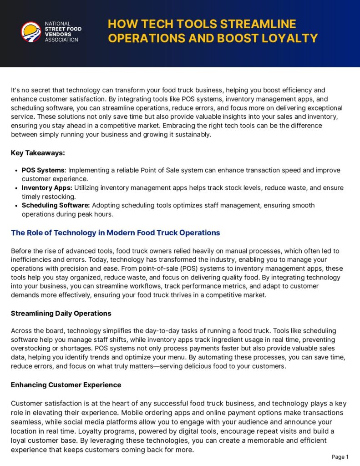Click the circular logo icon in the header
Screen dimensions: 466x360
pyautogui.click(x=31, y=32)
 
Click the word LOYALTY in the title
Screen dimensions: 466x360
pyautogui.click(x=289, y=38)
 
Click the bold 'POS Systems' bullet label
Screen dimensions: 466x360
pyautogui.click(x=43, y=170)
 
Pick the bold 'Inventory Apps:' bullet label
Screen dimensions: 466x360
pyautogui.click(x=47, y=187)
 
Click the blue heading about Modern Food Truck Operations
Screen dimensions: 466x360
pyautogui.click(x=115, y=233)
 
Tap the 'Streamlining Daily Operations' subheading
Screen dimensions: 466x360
pyautogui.click(x=61, y=313)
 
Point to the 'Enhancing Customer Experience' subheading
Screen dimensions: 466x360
pyautogui.click(x=66, y=385)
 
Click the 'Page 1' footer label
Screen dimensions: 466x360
pyautogui.click(x=340, y=457)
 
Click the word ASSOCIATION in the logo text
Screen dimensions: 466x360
pyautogui.click(x=61, y=40)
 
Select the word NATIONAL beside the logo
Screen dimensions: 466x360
pyautogui.click(x=57, y=24)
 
